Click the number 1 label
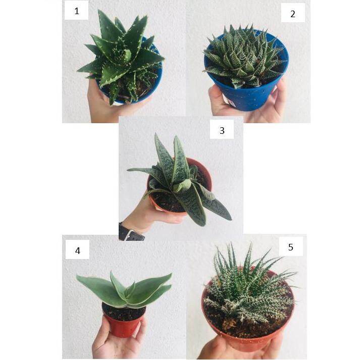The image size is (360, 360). pyautogui.click(x=76, y=11)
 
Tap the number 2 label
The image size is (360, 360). pyautogui.click(x=293, y=14)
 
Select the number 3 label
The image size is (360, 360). pyautogui.click(x=222, y=130)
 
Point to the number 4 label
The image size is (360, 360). pyautogui.click(x=77, y=250)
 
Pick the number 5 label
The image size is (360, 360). pyautogui.click(x=291, y=247)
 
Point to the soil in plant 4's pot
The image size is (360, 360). pyautogui.click(x=124, y=312)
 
